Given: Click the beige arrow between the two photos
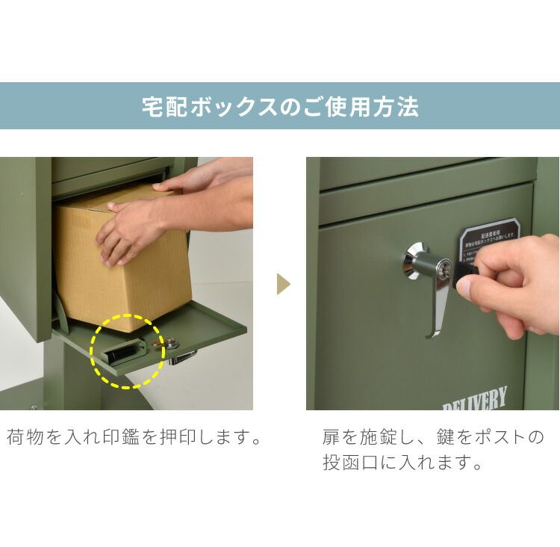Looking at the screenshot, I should [283, 284].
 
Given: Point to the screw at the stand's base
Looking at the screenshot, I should [34, 407].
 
